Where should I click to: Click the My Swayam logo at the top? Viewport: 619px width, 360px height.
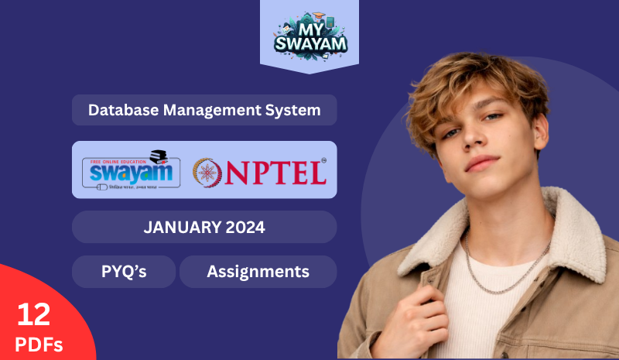[309, 35]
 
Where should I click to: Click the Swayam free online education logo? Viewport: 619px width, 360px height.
[131, 170]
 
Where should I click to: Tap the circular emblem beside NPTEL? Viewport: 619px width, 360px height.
[207, 172]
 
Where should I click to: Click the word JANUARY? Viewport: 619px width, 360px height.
[178, 228]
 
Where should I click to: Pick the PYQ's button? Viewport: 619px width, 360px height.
[124, 272]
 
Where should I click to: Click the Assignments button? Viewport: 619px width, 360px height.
[258, 272]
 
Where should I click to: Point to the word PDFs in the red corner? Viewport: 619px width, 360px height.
[37, 343]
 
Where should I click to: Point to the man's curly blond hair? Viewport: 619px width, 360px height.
[480, 77]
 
